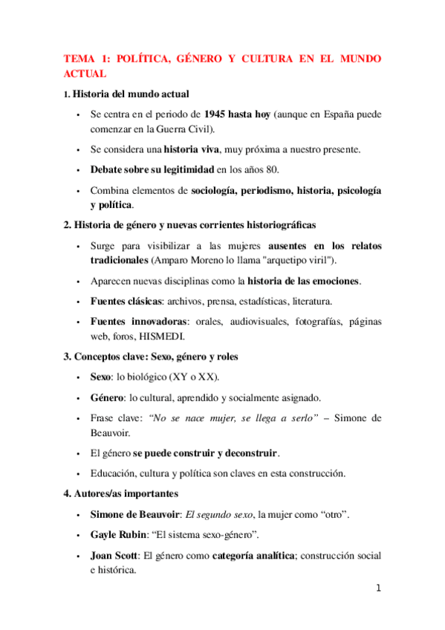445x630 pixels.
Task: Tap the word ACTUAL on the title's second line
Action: coord(85,74)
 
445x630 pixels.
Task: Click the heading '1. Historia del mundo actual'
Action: coord(126,94)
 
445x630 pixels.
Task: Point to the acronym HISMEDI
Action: coord(151,336)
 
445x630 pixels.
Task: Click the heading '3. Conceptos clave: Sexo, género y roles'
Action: coord(151,356)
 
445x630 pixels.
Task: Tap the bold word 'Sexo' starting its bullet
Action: coord(101,377)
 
